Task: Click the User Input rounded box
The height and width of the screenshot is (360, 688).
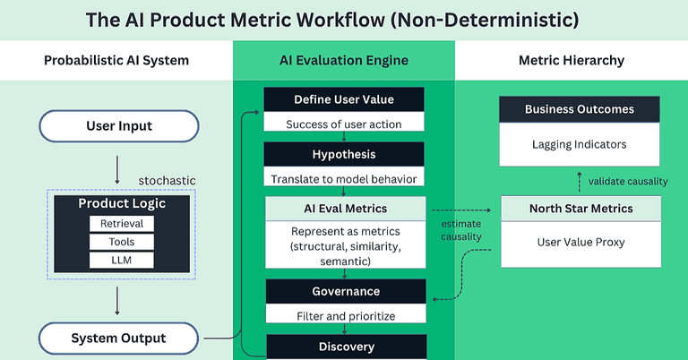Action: pos(118,126)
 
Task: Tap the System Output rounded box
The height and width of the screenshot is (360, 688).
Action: pos(118,339)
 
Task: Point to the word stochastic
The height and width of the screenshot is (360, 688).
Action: pos(167,181)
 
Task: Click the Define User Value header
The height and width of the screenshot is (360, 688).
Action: pos(344,99)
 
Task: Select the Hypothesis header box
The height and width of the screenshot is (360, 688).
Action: pos(344,153)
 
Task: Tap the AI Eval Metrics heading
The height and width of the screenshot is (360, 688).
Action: pos(344,209)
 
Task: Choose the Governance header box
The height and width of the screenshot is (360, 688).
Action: pos(344,291)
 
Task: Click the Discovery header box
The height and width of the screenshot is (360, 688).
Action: pos(344,347)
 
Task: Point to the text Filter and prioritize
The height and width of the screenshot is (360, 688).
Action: pos(344,316)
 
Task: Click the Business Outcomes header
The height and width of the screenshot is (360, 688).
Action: pos(579,109)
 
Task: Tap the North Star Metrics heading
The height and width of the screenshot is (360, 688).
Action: pos(579,209)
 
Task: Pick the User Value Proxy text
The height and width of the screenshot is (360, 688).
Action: pos(579,242)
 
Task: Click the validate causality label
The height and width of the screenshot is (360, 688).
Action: pos(628,181)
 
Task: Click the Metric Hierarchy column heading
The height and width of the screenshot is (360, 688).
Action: pos(572,61)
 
